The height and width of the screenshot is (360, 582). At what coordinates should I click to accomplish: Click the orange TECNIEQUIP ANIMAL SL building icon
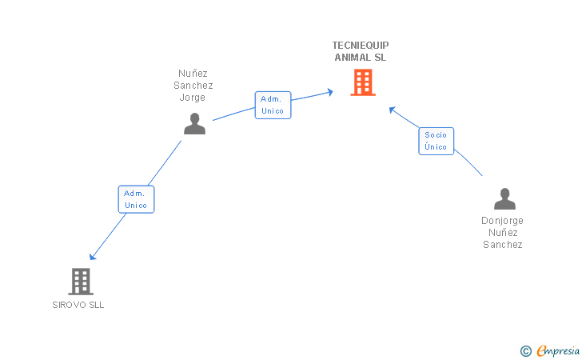[363, 82]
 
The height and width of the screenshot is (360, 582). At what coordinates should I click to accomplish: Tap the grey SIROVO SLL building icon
[81, 282]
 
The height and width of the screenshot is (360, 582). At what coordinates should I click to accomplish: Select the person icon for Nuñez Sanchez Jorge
[194, 124]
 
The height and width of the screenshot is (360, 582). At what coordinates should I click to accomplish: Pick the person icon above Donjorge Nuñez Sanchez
[504, 198]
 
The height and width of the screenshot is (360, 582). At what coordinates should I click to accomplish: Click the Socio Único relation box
[436, 141]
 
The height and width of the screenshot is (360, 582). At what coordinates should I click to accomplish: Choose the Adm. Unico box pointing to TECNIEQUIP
[273, 105]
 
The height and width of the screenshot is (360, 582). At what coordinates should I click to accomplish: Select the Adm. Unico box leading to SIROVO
[136, 199]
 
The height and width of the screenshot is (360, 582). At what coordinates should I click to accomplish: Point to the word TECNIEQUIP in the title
[361, 46]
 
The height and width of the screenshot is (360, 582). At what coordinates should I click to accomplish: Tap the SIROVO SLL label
[78, 305]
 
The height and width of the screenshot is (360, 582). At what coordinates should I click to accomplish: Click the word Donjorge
[502, 221]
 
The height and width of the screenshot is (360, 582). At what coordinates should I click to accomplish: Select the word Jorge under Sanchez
[192, 98]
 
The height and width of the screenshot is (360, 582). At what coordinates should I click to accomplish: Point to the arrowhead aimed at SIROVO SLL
[93, 257]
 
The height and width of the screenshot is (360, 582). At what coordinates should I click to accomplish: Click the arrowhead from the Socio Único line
[392, 110]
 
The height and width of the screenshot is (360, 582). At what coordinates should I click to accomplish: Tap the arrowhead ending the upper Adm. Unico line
[330, 92]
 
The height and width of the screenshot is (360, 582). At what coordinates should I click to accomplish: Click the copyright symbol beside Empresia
[526, 351]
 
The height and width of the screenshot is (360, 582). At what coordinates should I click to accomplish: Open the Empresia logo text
[558, 351]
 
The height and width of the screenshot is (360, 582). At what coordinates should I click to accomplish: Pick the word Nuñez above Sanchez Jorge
[193, 73]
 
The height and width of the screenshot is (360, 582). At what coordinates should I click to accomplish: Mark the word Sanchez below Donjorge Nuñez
[503, 245]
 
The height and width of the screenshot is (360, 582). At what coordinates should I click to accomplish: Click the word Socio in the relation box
[436, 135]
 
